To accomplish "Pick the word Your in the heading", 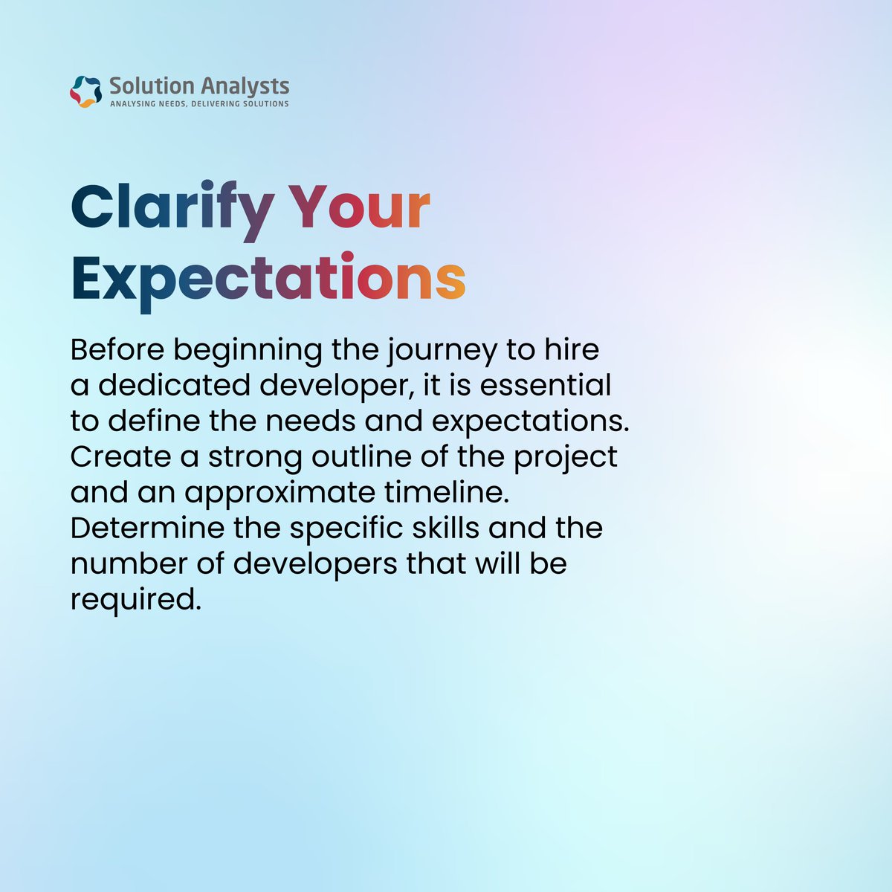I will point(359,207).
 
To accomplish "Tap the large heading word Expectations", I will point(268,279).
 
